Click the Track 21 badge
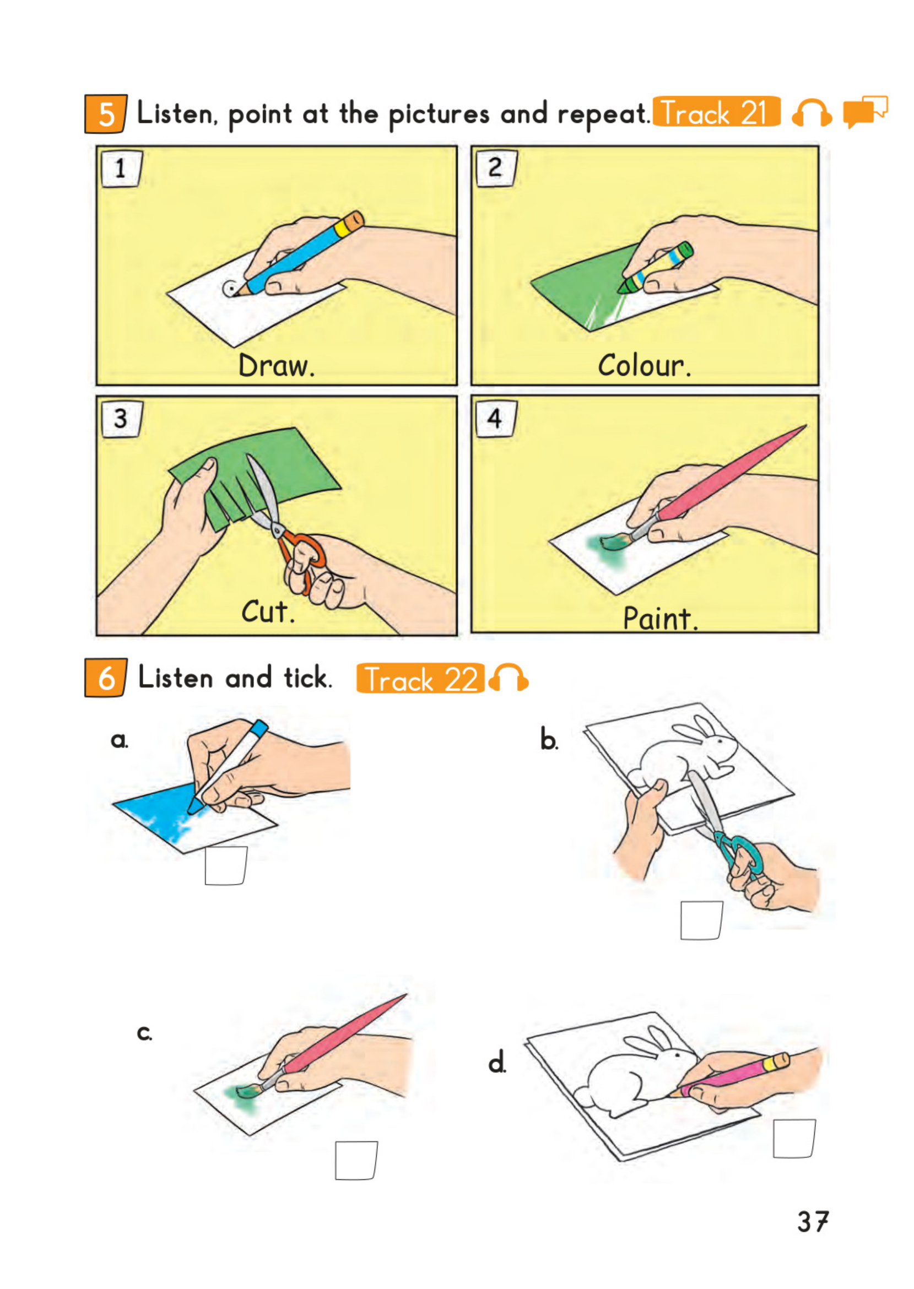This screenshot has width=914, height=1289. [x=716, y=111]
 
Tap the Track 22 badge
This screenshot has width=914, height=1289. [x=420, y=678]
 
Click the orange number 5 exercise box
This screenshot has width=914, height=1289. [x=106, y=113]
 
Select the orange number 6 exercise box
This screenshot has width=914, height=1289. [x=106, y=678]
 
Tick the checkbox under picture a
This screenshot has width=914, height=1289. [x=226, y=865]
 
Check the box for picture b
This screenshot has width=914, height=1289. [x=701, y=920]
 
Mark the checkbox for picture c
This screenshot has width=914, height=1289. [x=356, y=1160]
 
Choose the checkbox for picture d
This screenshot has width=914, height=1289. [x=794, y=1138]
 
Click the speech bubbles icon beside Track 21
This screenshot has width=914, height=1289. [x=865, y=111]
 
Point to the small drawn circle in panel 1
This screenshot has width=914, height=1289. [x=231, y=289]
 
